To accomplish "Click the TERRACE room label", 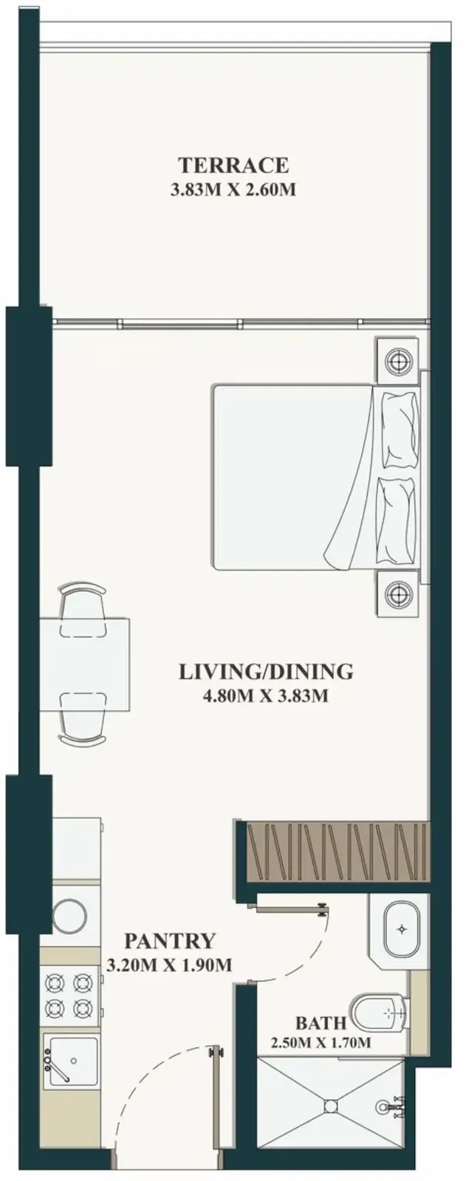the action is pyautogui.click(x=233, y=165).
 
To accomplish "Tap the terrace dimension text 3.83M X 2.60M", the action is pyautogui.click(x=233, y=190).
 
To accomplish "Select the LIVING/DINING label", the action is pyautogui.click(x=266, y=672).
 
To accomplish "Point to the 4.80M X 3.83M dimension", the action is pyautogui.click(x=266, y=696).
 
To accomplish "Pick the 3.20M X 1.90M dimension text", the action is pyautogui.click(x=169, y=965).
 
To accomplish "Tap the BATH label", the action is pyautogui.click(x=321, y=1023).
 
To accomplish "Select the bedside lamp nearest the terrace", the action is pyautogui.click(x=397, y=362).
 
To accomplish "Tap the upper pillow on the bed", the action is pyautogui.click(x=399, y=430).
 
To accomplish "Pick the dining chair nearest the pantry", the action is pyautogui.click(x=83, y=719).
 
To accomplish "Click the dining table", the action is pyautogui.click(x=85, y=665).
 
